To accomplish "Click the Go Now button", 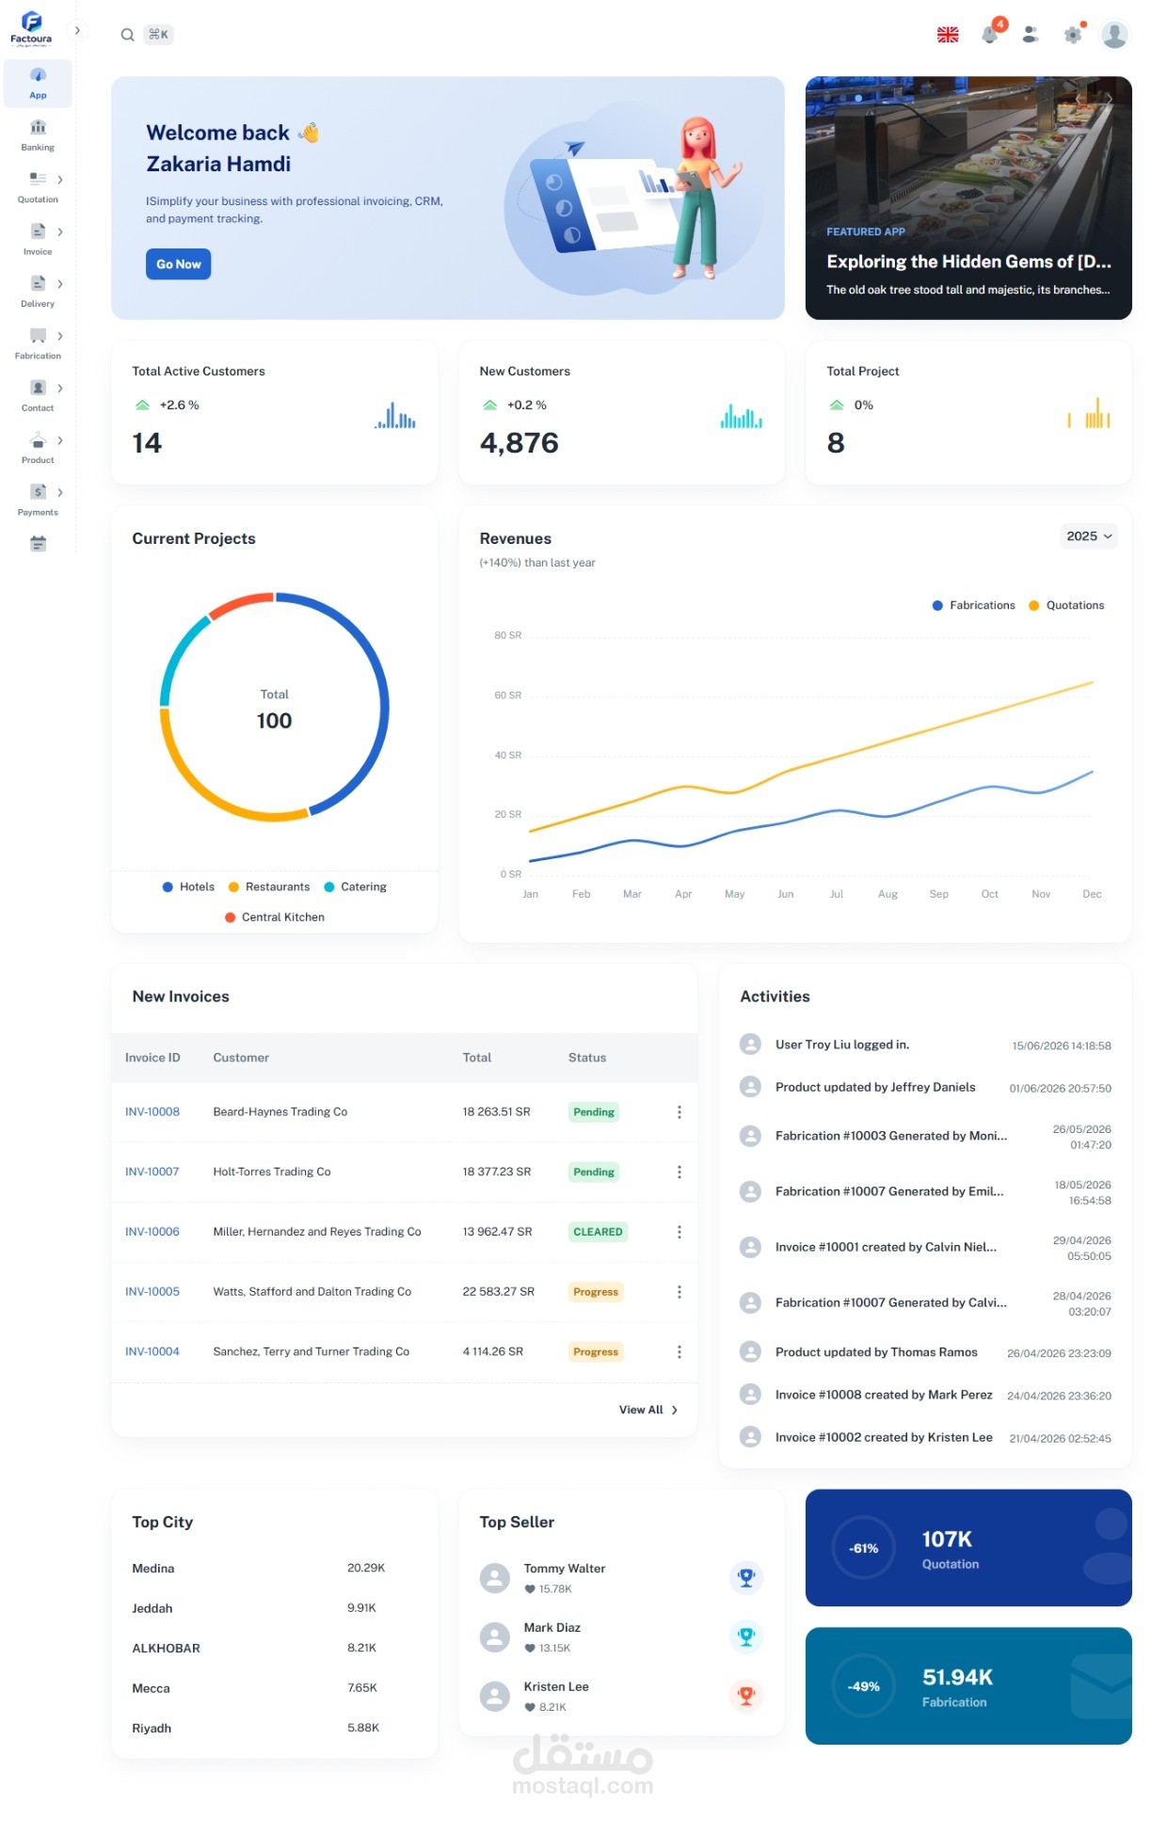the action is [x=178, y=264].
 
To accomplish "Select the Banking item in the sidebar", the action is [x=38, y=136].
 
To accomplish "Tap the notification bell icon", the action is [x=989, y=35].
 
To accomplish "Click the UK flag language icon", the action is [x=948, y=35].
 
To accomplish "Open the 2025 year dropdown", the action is [x=1089, y=536].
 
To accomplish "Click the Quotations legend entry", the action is [x=1066, y=605].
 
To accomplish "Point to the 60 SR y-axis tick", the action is [x=508, y=695].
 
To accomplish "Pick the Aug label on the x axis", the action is [x=887, y=894].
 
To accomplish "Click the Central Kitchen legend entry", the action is [x=275, y=917].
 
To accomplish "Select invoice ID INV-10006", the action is [x=152, y=1232].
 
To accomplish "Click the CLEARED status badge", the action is [x=598, y=1232].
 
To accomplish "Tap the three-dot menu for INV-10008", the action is [x=679, y=1112].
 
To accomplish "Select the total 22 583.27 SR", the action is [x=499, y=1292].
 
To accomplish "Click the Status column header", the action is [x=587, y=1058].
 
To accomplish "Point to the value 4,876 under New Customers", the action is [x=519, y=443].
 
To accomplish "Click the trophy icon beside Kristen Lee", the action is [x=746, y=1696].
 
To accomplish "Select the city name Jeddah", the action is [x=152, y=1608].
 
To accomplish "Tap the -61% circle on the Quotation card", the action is [x=863, y=1548].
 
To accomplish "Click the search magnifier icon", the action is [x=127, y=35].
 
